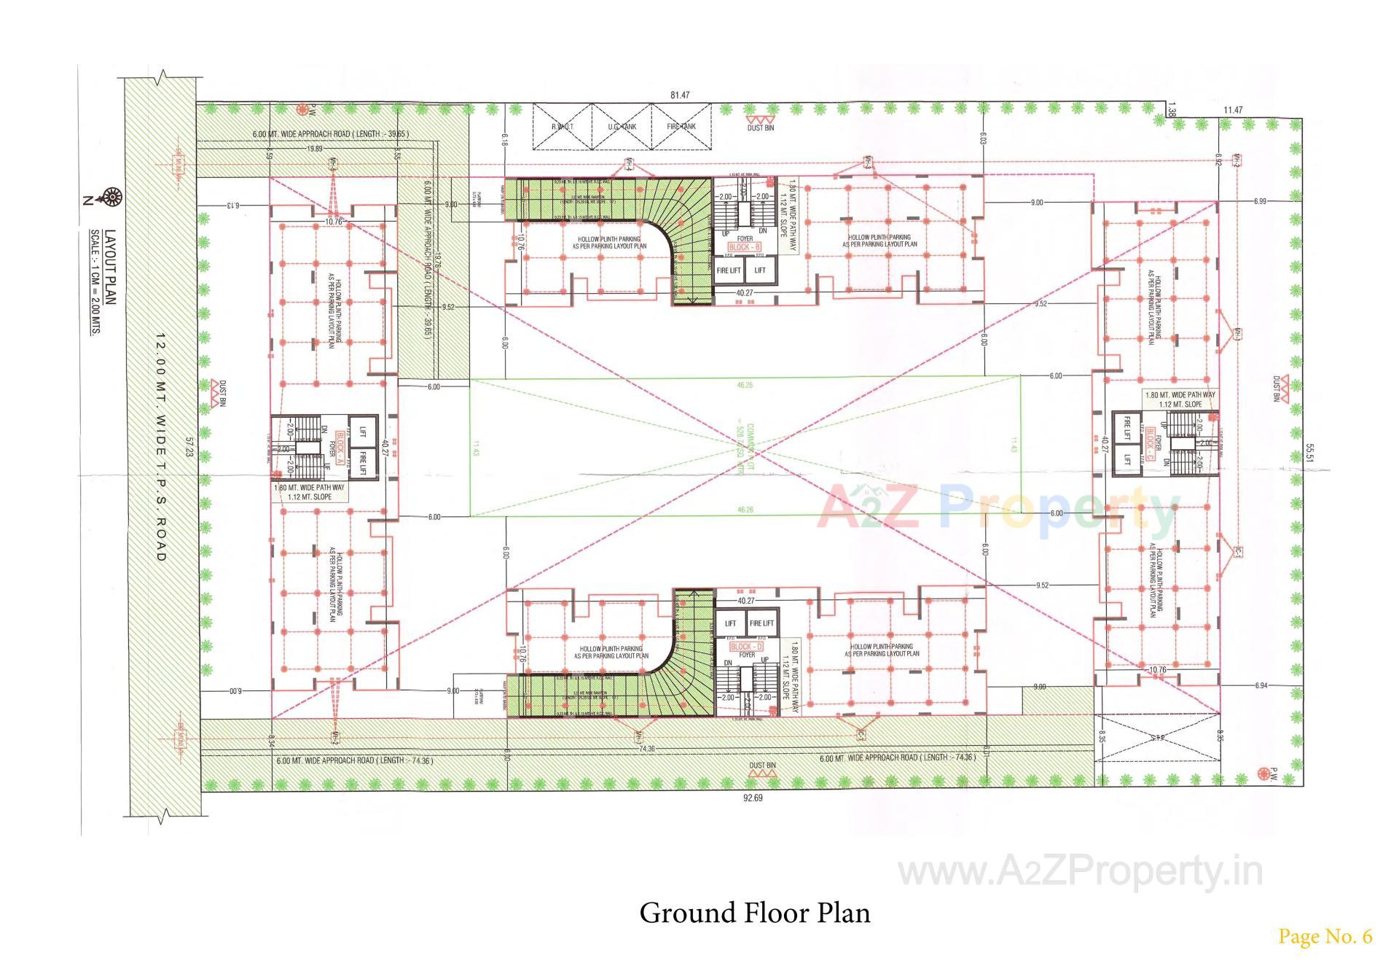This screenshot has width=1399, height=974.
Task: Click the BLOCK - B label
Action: point(744,248)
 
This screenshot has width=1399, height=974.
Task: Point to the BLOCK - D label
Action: point(746,647)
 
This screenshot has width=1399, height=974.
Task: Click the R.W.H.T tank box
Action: point(561,127)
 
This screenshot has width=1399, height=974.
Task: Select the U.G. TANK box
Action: point(621,127)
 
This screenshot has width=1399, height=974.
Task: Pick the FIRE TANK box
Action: point(681,127)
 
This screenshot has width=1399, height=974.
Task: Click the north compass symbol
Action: point(113,196)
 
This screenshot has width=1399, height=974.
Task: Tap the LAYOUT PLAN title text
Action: point(110,268)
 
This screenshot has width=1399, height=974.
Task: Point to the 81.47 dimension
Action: point(679,96)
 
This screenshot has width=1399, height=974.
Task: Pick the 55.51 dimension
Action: point(1309,454)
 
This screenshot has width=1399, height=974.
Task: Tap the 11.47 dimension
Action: point(1233,110)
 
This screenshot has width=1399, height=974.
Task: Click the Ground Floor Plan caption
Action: point(755,913)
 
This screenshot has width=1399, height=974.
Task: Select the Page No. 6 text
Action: point(1325,937)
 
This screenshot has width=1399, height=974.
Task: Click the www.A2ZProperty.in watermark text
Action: point(1080,871)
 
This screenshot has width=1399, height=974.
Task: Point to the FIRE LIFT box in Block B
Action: point(729,270)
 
